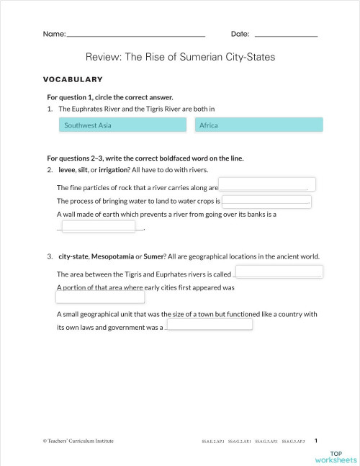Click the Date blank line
[286, 35]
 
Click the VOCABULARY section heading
[73, 79]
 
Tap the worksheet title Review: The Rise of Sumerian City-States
[180, 57]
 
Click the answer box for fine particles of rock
[267, 185]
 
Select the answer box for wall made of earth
[99, 226]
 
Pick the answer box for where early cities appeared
[99, 298]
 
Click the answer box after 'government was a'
[210, 324]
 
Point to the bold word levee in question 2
[67, 170]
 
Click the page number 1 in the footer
[317, 439]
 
